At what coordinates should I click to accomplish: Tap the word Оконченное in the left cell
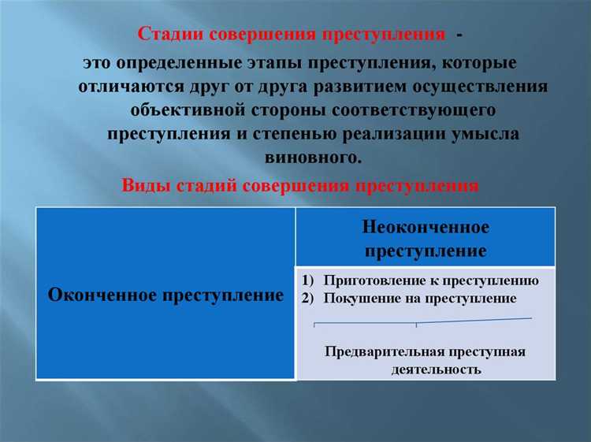(x=100, y=295)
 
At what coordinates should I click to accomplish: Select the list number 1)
(x=308, y=280)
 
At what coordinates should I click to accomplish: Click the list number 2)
(x=308, y=299)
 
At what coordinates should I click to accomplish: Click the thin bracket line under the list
(x=416, y=321)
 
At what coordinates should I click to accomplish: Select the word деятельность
(x=435, y=369)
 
